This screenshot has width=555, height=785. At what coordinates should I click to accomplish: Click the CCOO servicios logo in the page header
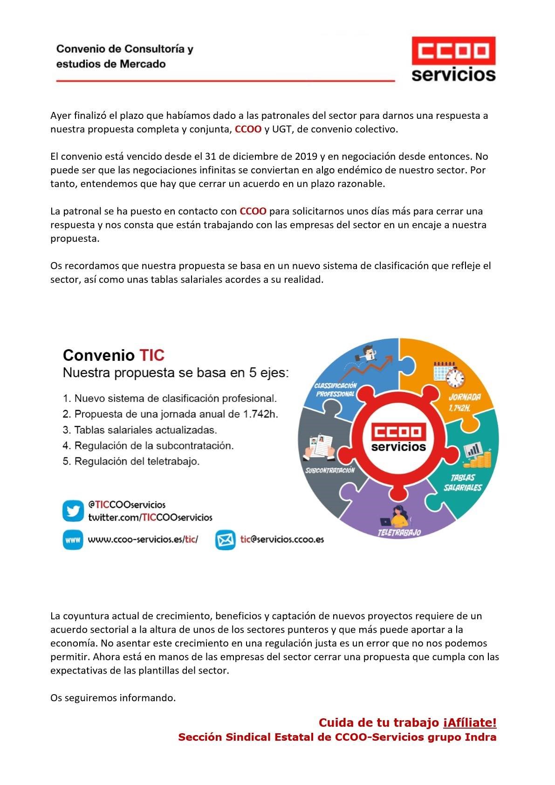coord(453,60)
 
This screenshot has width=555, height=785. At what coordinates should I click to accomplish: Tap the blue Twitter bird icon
coord(73,511)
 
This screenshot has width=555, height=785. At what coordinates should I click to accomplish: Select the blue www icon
coord(73,540)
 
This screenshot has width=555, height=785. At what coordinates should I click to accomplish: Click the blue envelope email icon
coord(225,540)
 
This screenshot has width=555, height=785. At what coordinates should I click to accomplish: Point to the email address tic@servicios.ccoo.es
coord(282,539)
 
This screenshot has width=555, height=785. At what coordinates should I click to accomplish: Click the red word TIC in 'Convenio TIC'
coord(152,355)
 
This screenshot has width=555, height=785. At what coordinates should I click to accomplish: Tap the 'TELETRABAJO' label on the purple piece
coord(399,532)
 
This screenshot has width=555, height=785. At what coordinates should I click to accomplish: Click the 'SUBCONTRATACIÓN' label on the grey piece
coord(330,470)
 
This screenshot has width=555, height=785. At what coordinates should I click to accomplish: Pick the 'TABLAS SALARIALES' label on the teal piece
coord(463,482)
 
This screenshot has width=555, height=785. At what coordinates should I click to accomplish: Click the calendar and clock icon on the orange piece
coord(449,374)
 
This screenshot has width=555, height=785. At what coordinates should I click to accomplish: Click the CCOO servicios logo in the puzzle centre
coord(398,437)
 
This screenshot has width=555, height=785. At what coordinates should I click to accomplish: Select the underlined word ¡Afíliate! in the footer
coord(470,723)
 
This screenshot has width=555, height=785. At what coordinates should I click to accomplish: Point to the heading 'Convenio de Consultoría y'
coord(125,49)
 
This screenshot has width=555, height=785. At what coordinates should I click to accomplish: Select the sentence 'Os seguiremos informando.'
coord(113,698)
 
